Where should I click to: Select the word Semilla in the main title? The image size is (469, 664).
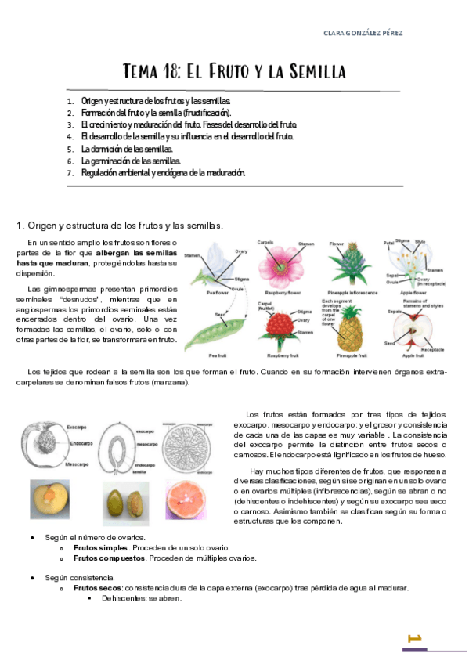coord(312,73)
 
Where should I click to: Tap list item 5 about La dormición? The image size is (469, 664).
coord(127,149)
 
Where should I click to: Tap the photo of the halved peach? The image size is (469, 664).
coord(50,500)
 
